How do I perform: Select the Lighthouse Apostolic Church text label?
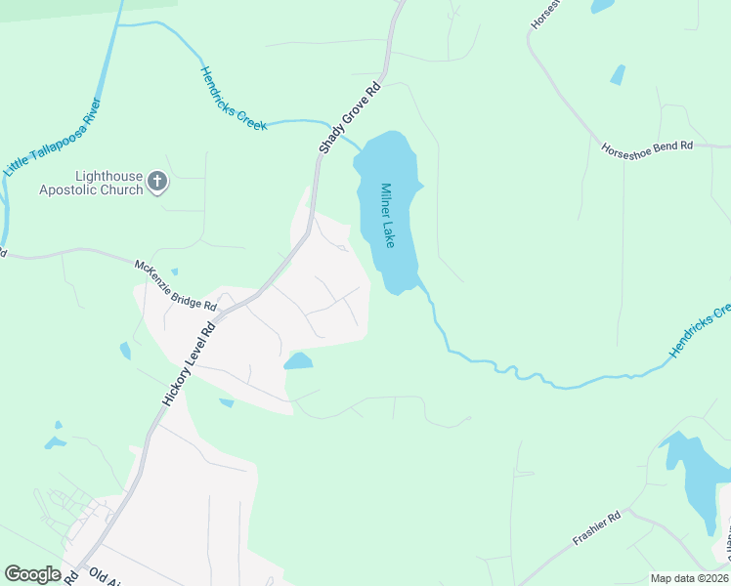coord(91,183)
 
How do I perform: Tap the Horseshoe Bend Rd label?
coord(647,146)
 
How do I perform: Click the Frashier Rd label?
coord(596,531)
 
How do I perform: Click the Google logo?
coord(33,573)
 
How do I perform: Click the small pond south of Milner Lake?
coord(298,362)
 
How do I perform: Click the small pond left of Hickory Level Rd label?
coord(125,351)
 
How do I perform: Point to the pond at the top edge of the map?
coord(602,6)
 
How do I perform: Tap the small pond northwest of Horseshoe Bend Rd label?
coord(618,74)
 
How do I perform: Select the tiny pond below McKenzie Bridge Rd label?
coord(174,272)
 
